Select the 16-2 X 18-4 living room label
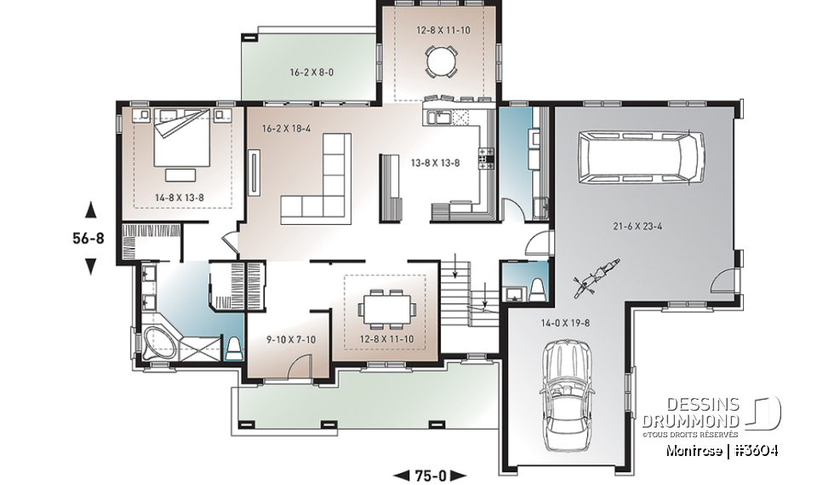point(288,128)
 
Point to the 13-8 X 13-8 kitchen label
point(436,162)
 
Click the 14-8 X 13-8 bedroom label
point(180,197)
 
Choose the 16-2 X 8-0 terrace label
point(311,73)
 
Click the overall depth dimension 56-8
point(88,238)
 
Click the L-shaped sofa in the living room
point(323,183)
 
